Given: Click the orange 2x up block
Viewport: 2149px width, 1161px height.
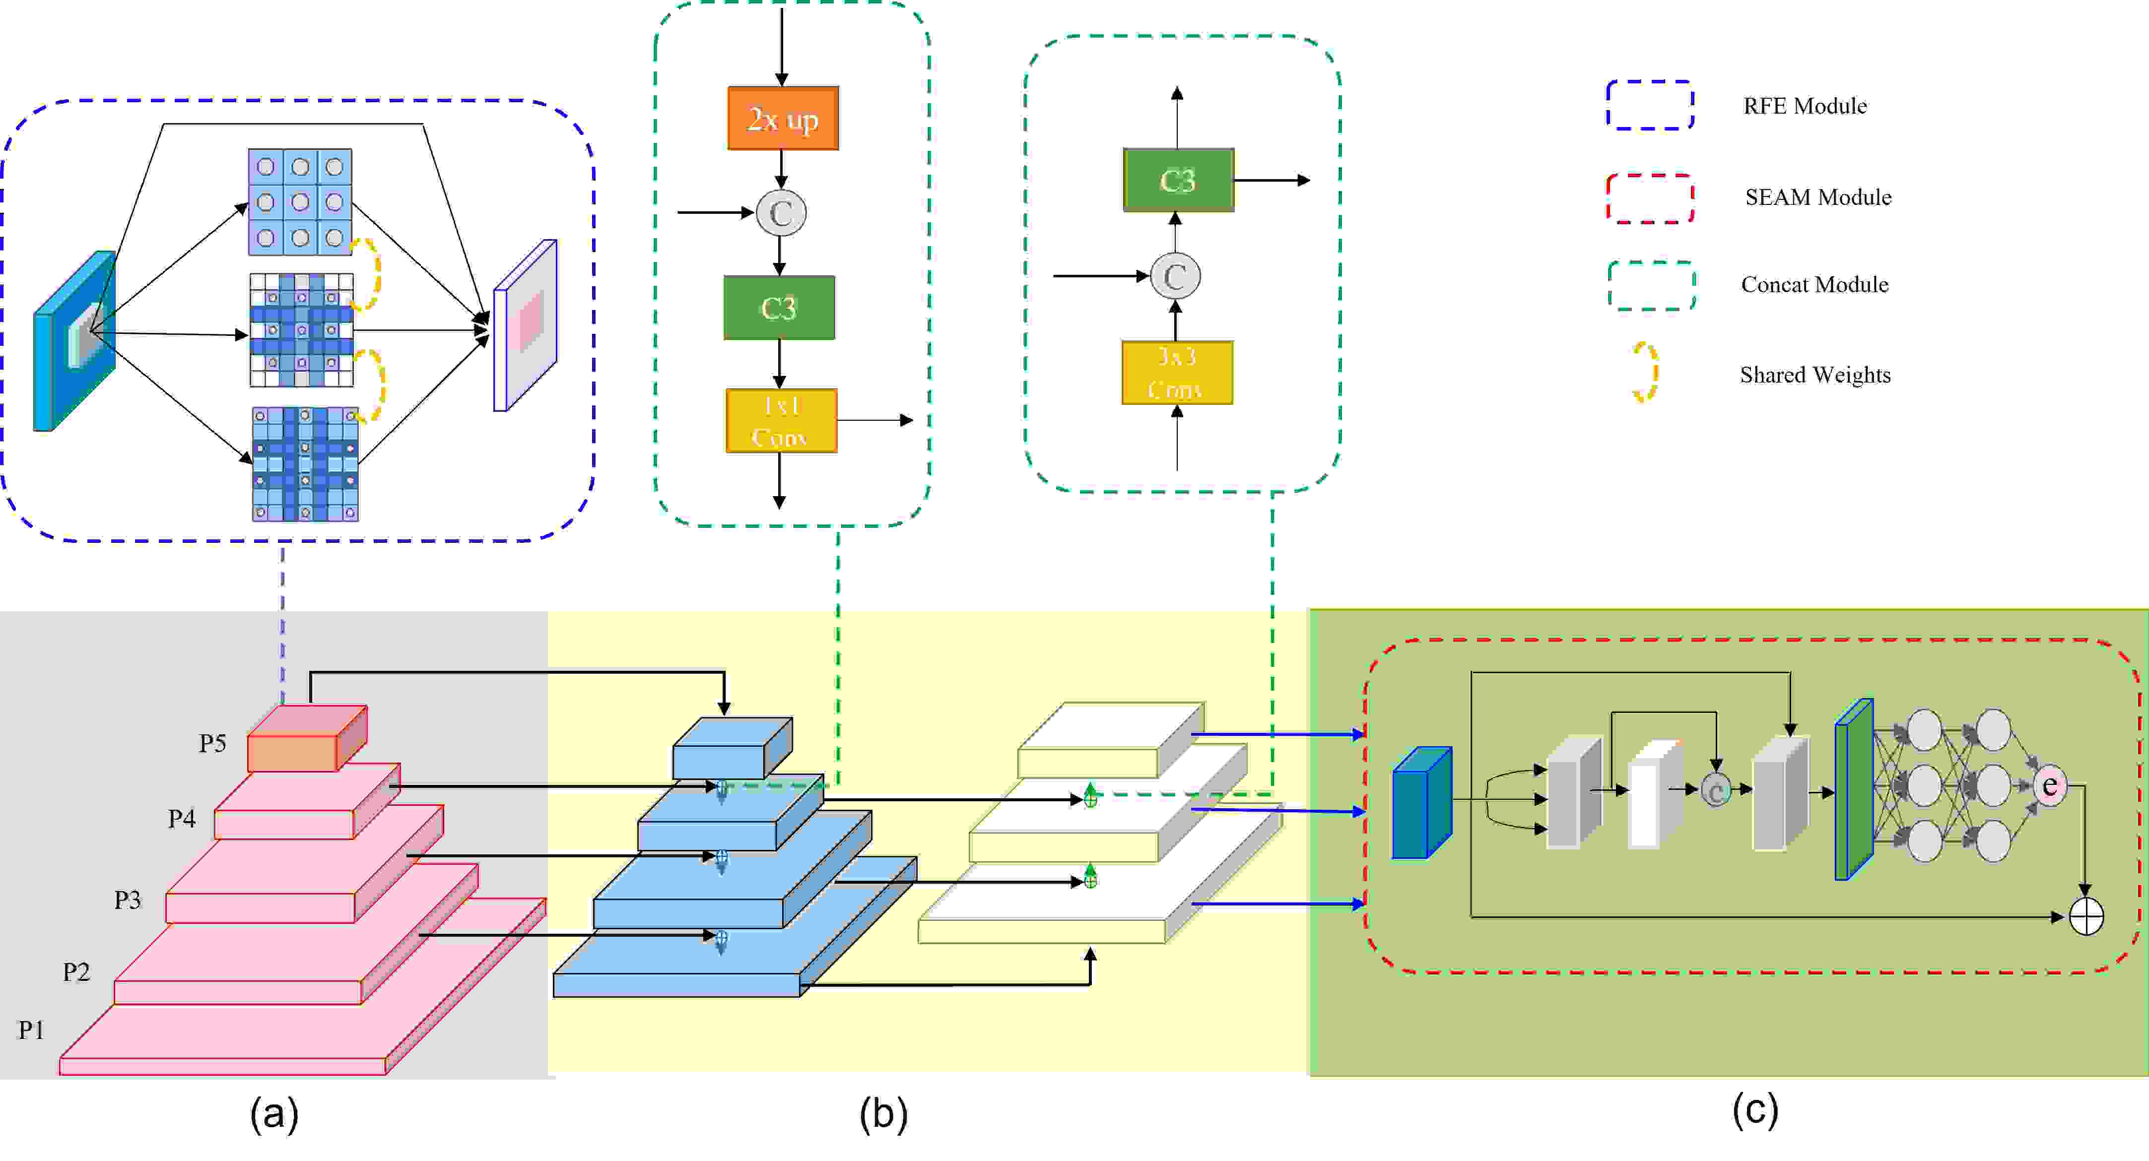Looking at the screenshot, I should [x=783, y=119].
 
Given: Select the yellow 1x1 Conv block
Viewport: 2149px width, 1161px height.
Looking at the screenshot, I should [x=781, y=421].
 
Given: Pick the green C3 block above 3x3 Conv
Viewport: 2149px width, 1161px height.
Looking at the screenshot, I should [x=1177, y=180].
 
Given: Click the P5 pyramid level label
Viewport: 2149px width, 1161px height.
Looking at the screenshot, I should [x=212, y=743].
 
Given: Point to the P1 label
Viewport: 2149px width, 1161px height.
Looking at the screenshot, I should [x=32, y=1030].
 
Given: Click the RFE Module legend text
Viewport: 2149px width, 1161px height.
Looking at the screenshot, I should [x=1805, y=106].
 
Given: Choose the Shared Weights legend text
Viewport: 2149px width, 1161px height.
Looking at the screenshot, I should [x=1814, y=375].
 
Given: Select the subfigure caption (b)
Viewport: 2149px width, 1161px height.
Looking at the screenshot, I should [x=882, y=1114].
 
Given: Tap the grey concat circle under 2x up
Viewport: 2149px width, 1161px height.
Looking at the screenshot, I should [x=781, y=213].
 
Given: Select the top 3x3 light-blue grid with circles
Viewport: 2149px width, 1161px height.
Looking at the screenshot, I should [x=299, y=202].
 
